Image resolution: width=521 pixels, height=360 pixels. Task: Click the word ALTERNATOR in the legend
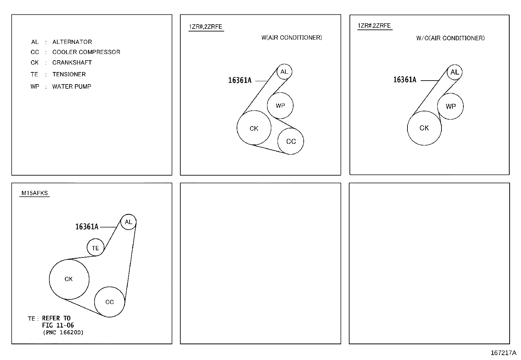[72, 42]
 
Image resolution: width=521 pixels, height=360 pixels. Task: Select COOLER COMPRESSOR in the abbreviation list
[86, 52]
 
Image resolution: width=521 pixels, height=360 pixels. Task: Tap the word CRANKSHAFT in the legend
[72, 63]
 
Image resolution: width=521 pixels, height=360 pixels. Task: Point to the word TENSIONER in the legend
[69, 74]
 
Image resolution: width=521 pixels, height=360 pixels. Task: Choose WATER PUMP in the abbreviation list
[72, 87]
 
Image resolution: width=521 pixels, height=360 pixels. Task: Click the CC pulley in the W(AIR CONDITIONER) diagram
[291, 142]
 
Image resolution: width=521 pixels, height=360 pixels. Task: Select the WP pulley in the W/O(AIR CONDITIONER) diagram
[450, 106]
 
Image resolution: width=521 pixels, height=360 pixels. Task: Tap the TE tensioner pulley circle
[95, 248]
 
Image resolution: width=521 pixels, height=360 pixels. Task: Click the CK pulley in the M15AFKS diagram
[69, 279]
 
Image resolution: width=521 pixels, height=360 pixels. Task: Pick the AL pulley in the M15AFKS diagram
[128, 222]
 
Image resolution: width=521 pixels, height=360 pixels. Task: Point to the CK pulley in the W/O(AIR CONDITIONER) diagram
[424, 128]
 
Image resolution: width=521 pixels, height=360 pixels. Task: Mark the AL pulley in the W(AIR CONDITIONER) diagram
[284, 72]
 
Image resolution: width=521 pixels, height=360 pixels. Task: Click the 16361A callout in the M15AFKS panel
[87, 227]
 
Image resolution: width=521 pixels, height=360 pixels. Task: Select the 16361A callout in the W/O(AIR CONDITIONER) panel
[404, 80]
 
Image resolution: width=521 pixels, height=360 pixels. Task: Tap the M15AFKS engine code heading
[35, 193]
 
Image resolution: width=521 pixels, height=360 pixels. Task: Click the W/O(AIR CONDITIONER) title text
[450, 38]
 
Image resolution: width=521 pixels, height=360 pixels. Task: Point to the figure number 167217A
[503, 353]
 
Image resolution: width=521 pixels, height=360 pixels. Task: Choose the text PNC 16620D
[63, 332]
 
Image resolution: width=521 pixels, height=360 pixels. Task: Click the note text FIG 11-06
[58, 325]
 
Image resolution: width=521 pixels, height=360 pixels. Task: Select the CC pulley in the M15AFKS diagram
[109, 302]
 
